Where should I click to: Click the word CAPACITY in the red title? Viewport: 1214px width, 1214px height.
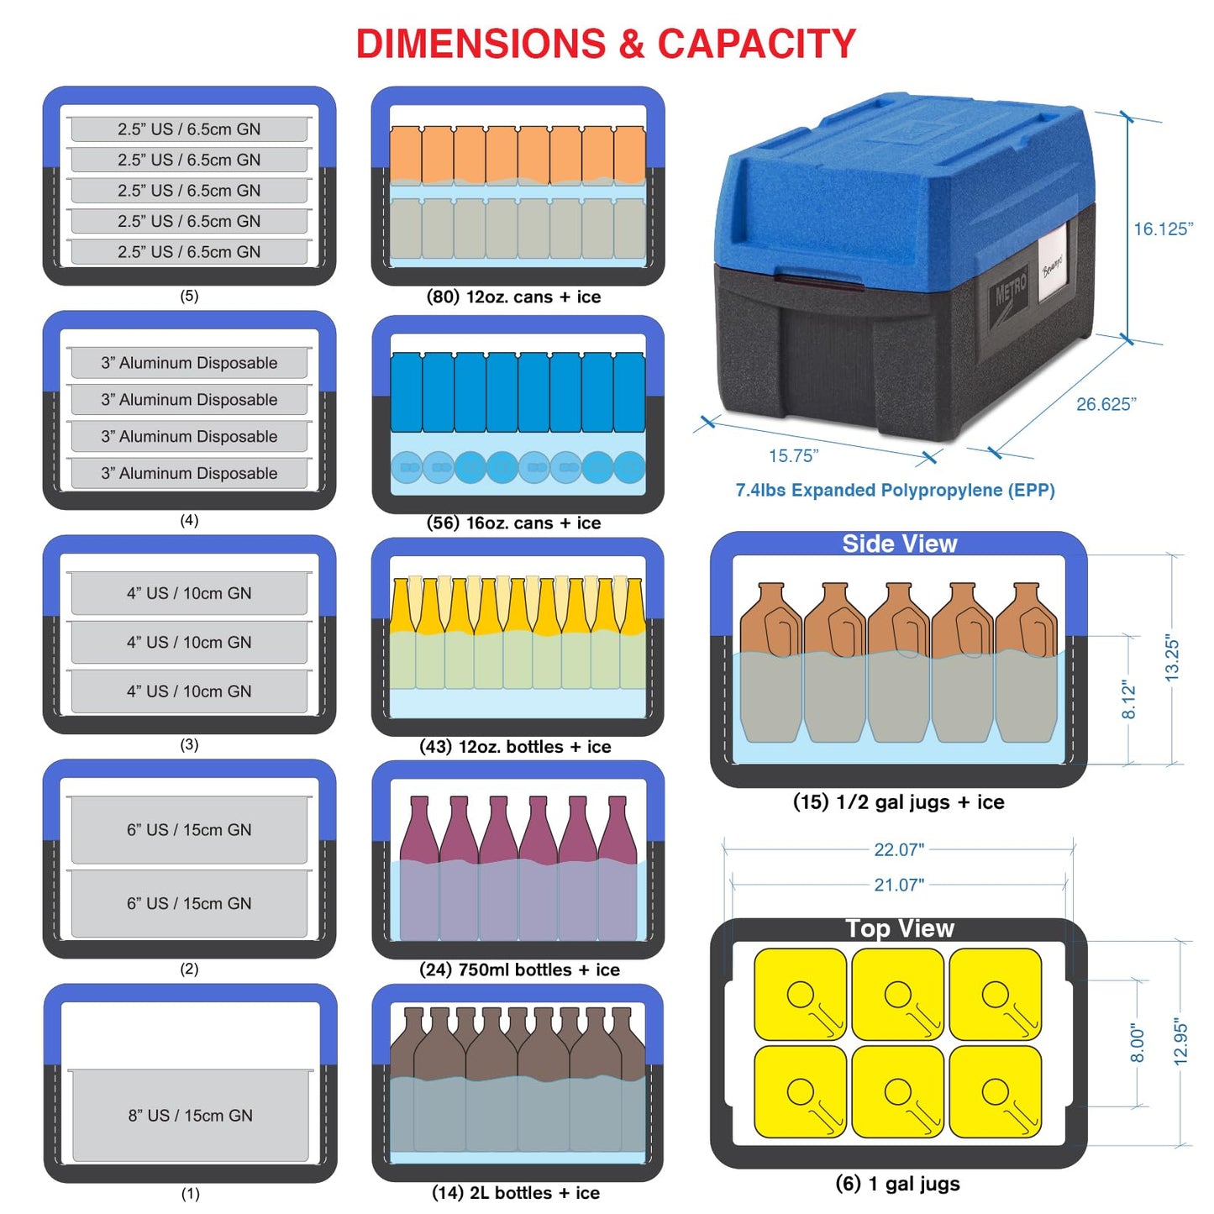coord(756,44)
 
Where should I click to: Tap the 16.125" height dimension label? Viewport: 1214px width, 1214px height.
coord(1163,229)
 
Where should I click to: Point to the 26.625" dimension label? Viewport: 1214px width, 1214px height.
coord(1106,404)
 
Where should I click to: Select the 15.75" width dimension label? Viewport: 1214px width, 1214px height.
coord(793,455)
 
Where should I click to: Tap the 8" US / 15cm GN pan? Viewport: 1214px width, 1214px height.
coord(190,1116)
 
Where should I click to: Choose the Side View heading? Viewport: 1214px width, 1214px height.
coord(899,544)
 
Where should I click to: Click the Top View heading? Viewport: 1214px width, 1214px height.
coord(899,928)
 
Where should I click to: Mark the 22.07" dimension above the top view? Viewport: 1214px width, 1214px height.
coord(899,850)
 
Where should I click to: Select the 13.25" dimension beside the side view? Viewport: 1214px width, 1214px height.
coord(1171,658)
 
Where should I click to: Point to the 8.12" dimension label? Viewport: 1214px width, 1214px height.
coord(1128,700)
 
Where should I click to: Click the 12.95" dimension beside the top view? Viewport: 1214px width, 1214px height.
coord(1180,1042)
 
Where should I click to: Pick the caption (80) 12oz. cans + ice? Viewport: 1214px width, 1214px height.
coord(514,297)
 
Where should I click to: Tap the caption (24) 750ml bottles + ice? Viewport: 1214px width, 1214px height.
coord(519,970)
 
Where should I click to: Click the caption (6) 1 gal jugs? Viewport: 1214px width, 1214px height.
coord(898,1184)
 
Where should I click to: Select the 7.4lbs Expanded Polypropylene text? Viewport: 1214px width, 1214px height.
coord(896,490)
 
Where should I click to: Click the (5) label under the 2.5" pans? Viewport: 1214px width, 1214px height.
coord(189,296)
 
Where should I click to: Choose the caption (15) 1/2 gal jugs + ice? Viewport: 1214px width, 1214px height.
coord(899,802)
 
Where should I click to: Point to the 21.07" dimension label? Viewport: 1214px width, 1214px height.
coord(899,886)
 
